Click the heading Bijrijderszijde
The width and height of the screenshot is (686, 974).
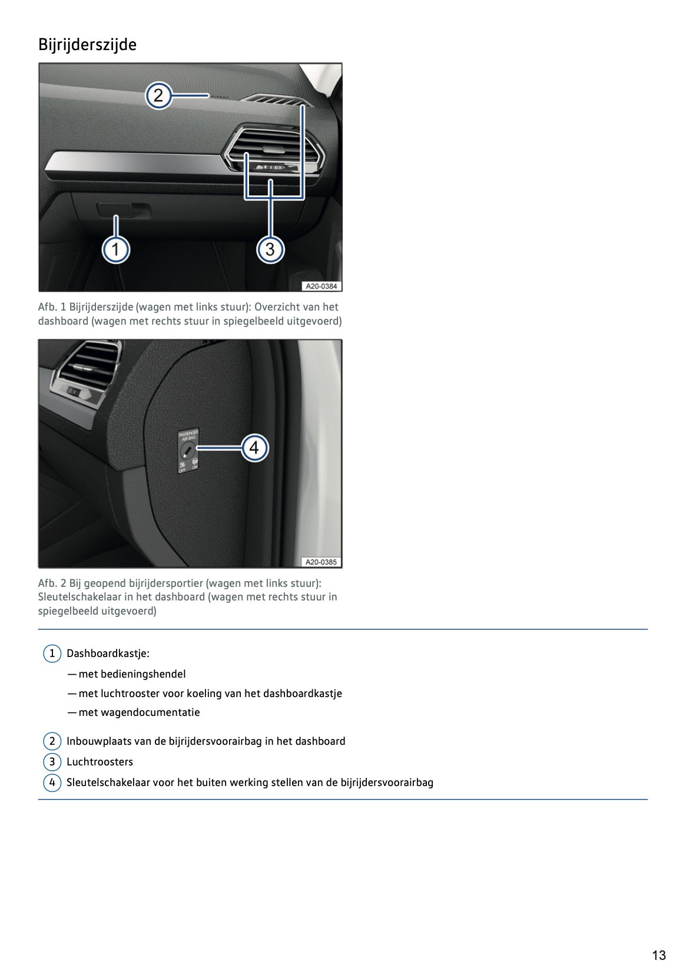coord(87,45)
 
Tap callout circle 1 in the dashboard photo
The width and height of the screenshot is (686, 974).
coord(115,249)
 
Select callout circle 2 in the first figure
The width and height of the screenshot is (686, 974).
coord(158,95)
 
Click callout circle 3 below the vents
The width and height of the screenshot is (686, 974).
coord(270,249)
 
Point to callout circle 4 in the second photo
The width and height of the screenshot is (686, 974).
coord(254,448)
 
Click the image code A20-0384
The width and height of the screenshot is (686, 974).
coord(321,286)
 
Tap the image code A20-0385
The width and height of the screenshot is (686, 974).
coord(321,562)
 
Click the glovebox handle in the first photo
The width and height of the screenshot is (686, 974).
coord(124,210)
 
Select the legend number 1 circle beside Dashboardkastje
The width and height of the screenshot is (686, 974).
coord(52,653)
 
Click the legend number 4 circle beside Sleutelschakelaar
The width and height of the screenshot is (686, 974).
coord(52,782)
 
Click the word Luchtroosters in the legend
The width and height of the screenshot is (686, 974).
coord(100,762)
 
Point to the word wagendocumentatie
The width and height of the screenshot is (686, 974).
coord(150,712)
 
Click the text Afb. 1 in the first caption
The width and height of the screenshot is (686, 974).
coord(52,307)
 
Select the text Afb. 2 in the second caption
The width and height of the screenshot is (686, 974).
coord(52,583)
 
